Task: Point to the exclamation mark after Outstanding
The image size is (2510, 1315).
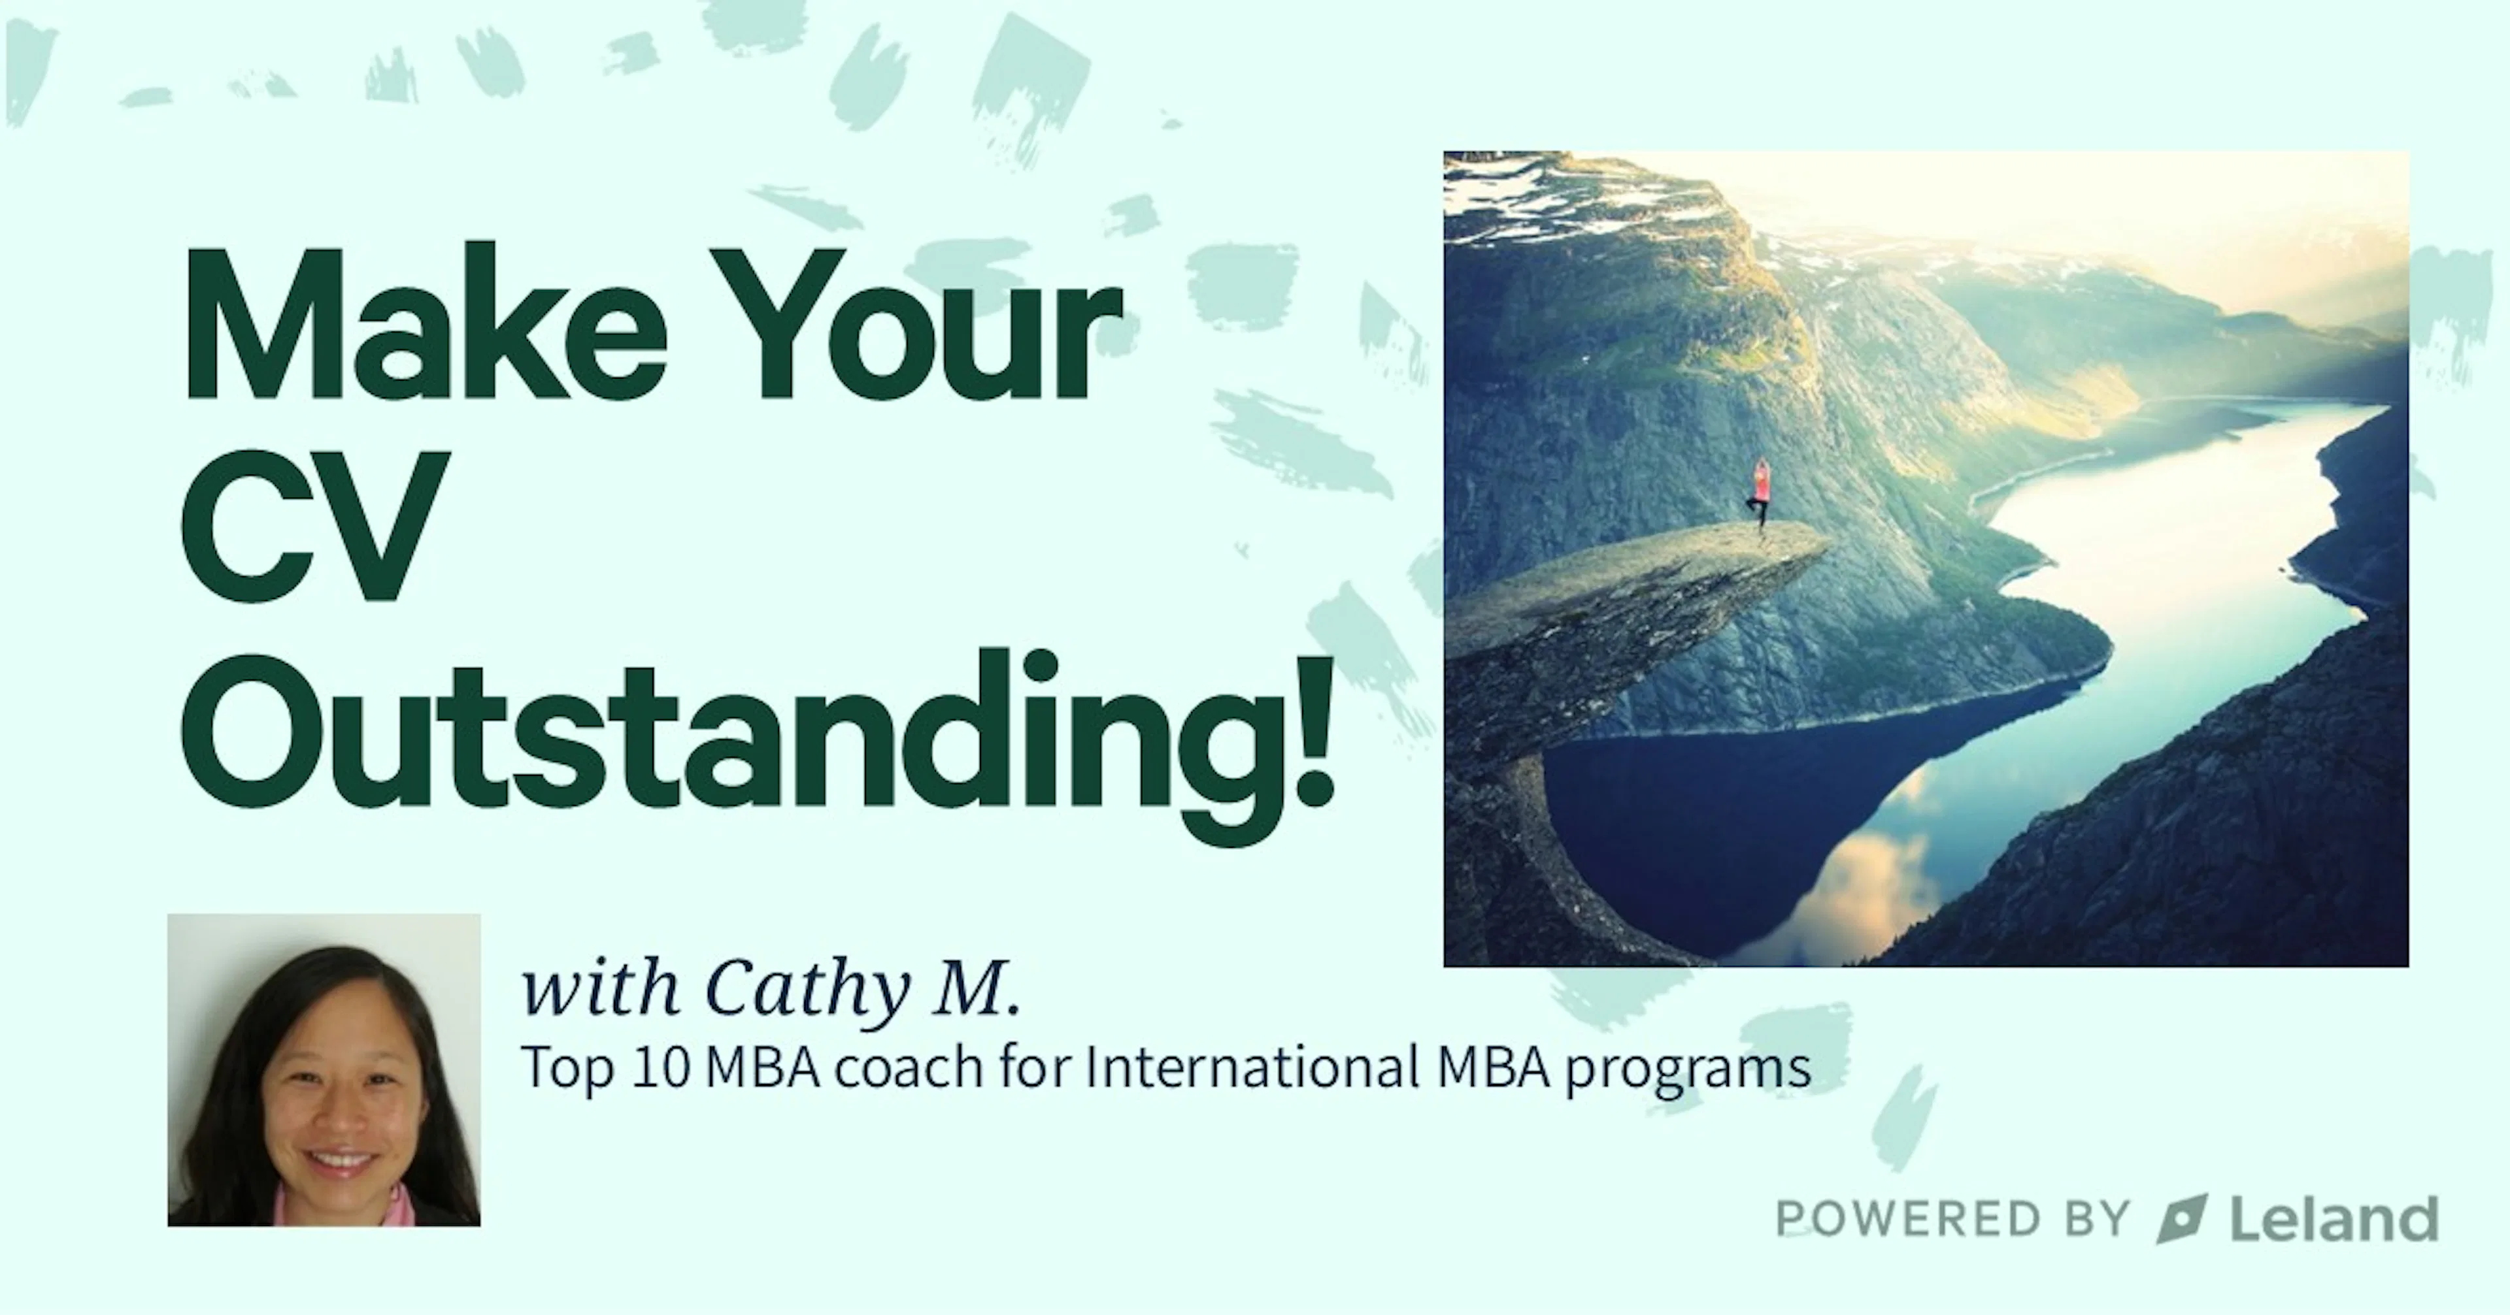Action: pos(1309,730)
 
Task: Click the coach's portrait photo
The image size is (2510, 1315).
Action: pos(324,1069)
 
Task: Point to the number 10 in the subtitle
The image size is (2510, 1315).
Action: pos(661,1067)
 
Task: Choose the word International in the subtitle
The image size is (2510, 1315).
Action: pos(1251,1067)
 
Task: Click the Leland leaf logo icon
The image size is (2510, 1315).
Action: pos(2181,1218)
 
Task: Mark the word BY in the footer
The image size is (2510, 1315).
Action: pos(2097,1218)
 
